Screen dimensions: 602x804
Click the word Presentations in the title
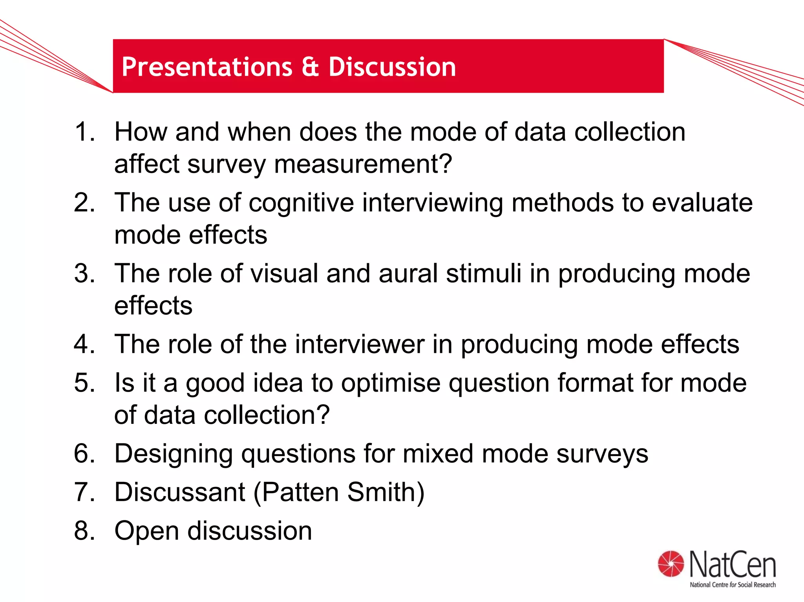coord(207,67)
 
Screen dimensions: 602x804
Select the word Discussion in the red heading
coord(392,67)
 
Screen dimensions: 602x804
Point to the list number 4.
coord(85,344)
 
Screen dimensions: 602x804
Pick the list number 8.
coord(85,531)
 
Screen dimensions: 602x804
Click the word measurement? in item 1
coord(363,164)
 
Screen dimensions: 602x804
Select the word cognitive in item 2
coord(301,203)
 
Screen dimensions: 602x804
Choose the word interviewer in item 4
coord(360,344)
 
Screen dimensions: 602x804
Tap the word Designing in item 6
coord(174,454)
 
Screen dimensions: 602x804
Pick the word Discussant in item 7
coord(179,492)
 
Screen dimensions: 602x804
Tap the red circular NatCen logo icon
coord(671,564)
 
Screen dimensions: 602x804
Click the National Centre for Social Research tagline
coord(733,585)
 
